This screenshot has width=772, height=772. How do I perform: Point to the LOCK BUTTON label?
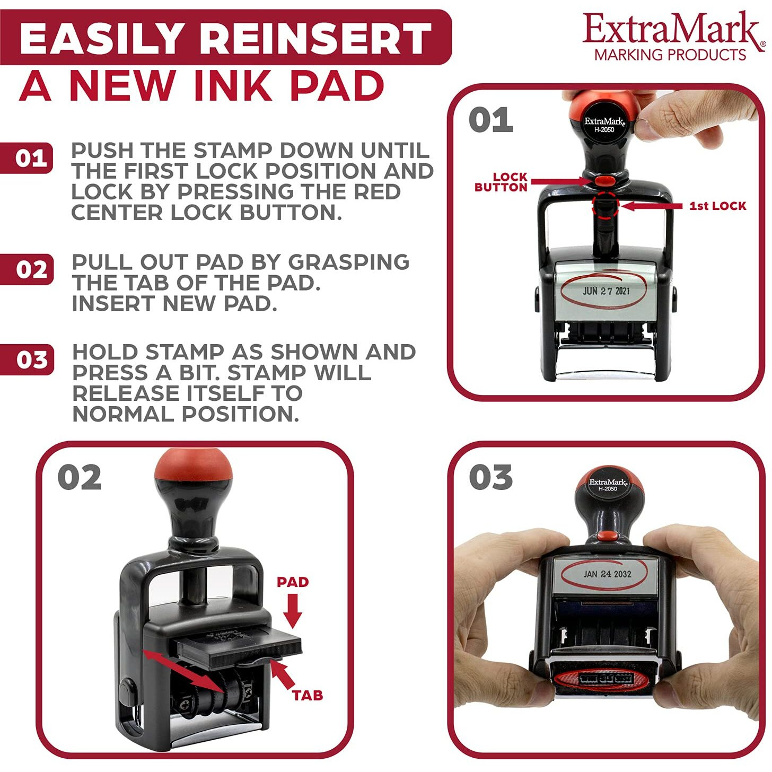501,182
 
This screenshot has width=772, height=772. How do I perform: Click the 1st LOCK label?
717,206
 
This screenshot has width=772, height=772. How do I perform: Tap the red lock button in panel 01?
604,181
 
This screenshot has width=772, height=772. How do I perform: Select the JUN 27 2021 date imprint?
606,291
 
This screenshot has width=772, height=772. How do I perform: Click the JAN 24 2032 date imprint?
607,574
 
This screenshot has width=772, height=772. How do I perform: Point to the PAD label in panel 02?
293,582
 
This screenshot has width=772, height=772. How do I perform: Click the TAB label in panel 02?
308,695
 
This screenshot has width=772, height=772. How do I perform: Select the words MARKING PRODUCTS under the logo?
670,55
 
